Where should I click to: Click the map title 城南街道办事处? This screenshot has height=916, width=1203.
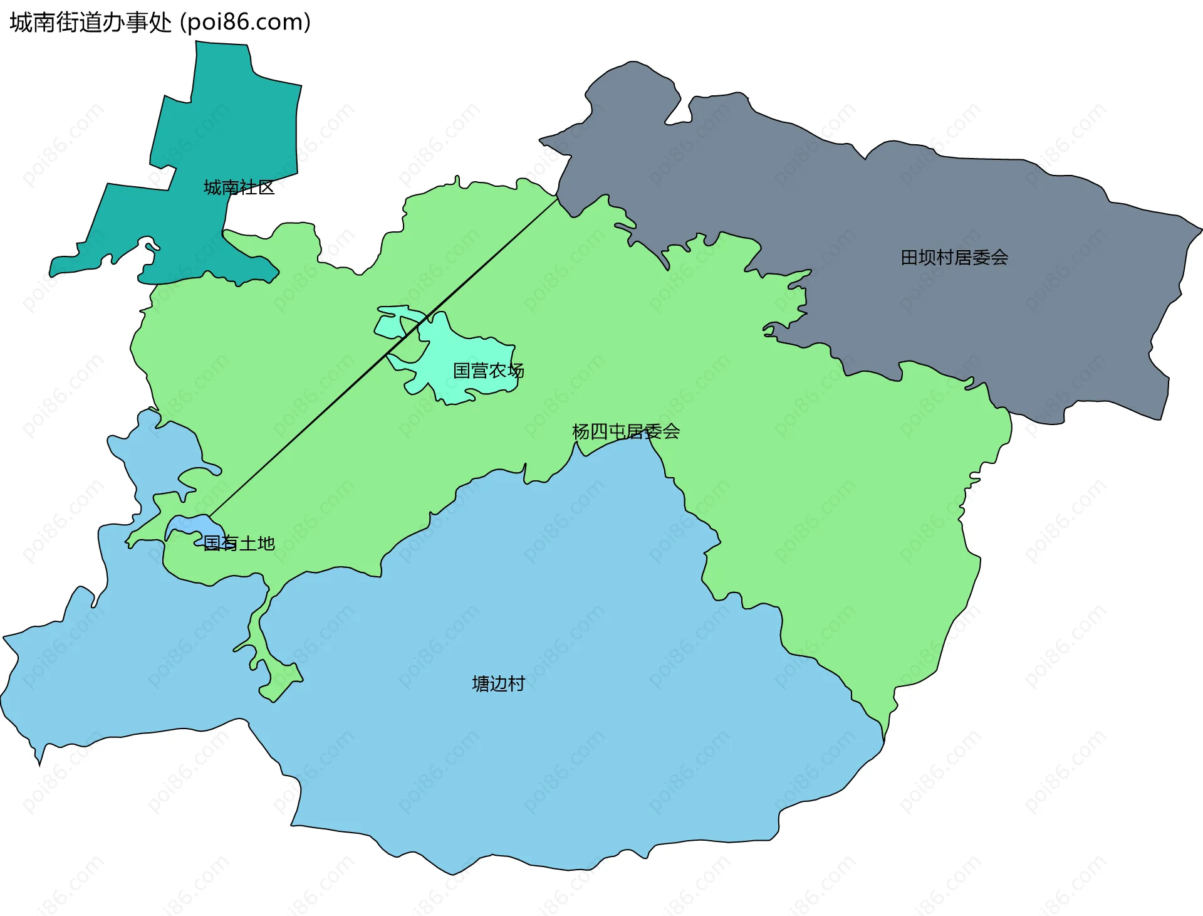[91, 23]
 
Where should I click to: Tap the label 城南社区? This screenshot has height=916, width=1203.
[239, 187]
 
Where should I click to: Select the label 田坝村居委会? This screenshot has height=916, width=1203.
[954, 258]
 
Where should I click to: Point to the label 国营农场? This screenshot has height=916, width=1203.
[488, 371]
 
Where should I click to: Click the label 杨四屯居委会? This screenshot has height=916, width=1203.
[625, 431]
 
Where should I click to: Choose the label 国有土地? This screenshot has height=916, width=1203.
[239, 543]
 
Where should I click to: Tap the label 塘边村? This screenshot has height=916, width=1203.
[498, 683]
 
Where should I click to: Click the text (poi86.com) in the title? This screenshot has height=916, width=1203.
[245, 23]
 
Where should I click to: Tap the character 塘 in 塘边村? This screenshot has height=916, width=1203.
[481, 683]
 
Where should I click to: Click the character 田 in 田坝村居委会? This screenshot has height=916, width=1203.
[909, 258]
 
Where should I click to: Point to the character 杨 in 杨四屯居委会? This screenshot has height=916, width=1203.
[581, 431]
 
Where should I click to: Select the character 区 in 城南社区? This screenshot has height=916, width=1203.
[266, 187]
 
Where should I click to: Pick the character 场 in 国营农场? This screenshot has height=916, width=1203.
[515, 371]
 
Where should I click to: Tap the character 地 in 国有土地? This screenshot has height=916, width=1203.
[266, 543]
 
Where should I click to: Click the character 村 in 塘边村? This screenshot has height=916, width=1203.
[516, 683]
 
